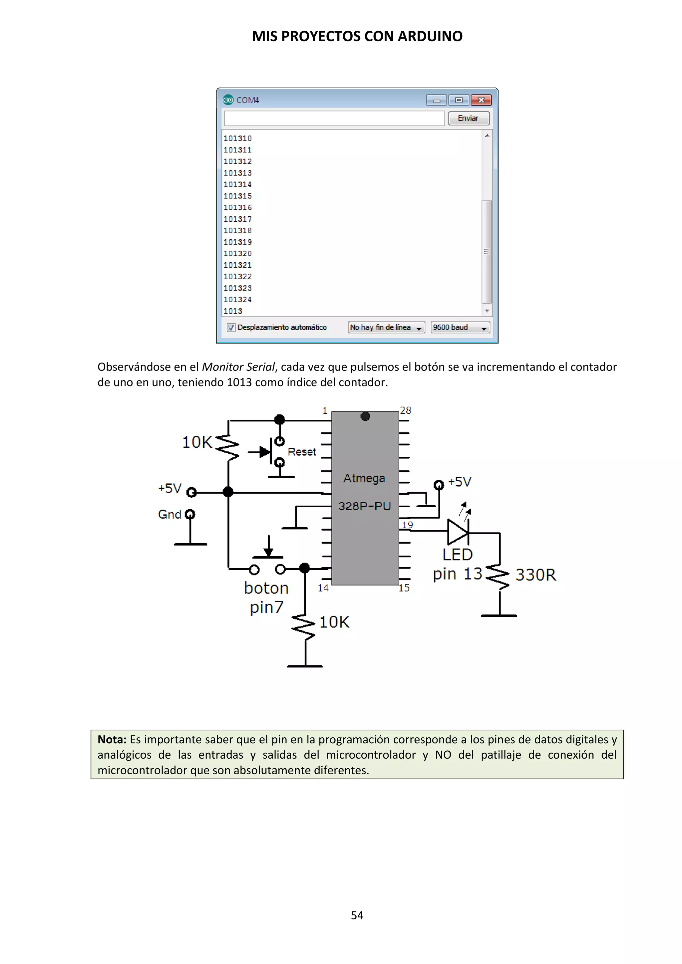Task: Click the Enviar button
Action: [469, 119]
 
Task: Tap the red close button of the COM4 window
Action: [481, 100]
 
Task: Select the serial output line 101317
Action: [238, 219]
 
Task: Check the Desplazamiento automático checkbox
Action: [231, 328]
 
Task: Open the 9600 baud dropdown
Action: [460, 328]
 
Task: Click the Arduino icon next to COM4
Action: [228, 100]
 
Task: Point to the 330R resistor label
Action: [535, 575]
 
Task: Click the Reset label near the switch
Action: [301, 452]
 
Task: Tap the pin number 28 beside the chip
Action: [405, 410]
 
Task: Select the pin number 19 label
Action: [407, 525]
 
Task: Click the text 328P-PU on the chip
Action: [365, 506]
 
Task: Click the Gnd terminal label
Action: [170, 514]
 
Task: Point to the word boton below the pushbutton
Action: [266, 588]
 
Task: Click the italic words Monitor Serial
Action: [238, 367]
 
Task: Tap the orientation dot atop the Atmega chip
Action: [365, 416]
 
